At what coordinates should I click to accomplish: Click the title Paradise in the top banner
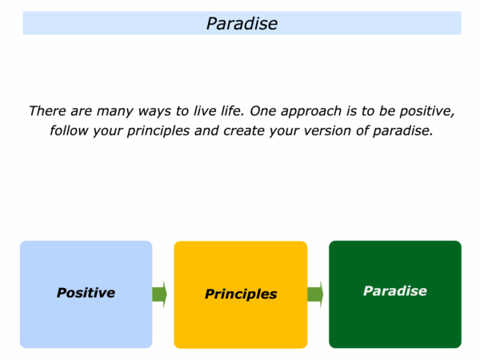[x=242, y=23]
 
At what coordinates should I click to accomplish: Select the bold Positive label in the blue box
[x=86, y=293]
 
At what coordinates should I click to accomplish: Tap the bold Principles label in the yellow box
[x=241, y=294]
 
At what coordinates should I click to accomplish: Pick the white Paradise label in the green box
[x=395, y=291]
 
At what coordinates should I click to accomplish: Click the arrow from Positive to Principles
[x=159, y=294]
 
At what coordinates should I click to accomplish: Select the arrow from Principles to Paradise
[x=315, y=294]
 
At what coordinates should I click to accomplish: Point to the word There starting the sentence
[x=47, y=111]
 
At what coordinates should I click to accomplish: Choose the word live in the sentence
[x=205, y=111]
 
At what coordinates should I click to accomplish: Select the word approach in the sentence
[x=311, y=111]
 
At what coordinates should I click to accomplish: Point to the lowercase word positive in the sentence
[x=427, y=112]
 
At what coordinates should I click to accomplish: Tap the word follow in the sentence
[x=69, y=130]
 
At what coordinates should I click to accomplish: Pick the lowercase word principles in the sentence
[x=158, y=131]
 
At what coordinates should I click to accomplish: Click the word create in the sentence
[x=244, y=130]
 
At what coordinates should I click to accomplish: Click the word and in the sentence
[x=206, y=130]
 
